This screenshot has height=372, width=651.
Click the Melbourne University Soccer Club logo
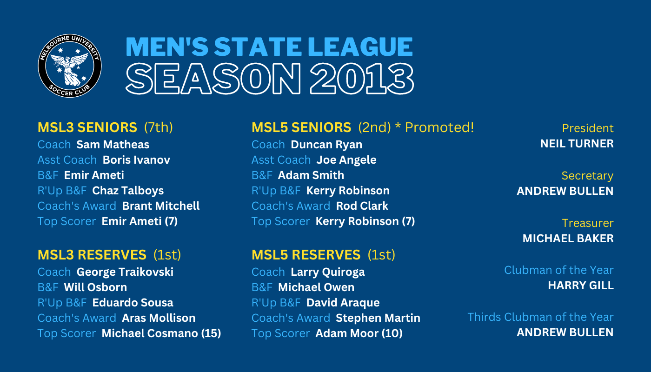tap(70, 66)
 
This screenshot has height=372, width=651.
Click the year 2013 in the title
tap(362, 79)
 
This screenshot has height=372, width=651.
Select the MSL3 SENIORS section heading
tap(87, 127)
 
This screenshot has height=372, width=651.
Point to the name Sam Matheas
tap(113, 145)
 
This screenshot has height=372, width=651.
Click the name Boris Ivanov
tap(136, 160)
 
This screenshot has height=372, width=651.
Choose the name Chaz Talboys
tap(128, 191)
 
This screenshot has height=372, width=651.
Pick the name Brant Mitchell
tap(161, 206)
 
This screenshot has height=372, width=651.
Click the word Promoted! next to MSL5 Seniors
tap(439, 127)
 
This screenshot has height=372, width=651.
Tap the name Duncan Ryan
tap(326, 145)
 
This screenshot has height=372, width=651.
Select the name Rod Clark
tap(362, 206)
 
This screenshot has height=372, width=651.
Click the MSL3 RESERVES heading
tap(92, 255)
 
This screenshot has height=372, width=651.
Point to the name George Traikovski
tap(125, 272)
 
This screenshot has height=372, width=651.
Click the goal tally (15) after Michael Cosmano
tap(211, 333)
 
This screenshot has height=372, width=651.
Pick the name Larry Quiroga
tap(327, 272)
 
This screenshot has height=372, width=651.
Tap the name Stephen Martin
tap(378, 318)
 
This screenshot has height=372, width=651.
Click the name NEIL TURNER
tap(577, 144)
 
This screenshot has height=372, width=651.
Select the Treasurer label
tap(588, 223)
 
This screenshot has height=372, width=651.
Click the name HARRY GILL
tap(581, 286)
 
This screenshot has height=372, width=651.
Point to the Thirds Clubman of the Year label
tap(540, 317)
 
